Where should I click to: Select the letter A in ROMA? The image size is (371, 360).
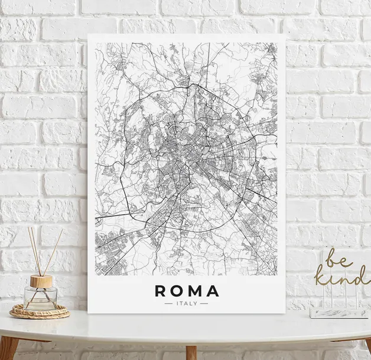213,291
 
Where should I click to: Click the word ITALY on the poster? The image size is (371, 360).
187,303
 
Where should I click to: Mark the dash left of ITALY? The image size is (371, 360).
169,303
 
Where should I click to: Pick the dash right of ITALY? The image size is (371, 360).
204,303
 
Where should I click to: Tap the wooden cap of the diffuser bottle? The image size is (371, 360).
41,281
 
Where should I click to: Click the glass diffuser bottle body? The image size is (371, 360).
41,298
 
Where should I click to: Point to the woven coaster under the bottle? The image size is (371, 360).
40,312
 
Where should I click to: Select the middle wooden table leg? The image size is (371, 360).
190,352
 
